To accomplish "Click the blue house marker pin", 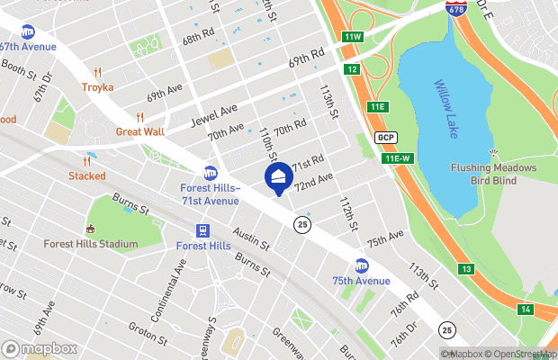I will (278, 177).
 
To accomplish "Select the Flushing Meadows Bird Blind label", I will (490, 175).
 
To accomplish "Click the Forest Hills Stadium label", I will (91, 244).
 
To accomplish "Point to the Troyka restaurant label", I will (98, 86).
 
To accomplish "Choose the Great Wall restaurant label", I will (139, 130).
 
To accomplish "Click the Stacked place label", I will (86, 175).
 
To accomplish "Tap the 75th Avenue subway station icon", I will (362, 265).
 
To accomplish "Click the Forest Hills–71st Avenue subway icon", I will (211, 173).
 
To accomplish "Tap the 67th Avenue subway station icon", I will (28, 31).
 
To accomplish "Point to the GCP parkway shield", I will (386, 137).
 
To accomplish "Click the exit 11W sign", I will (352, 37).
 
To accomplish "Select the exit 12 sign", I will (352, 69).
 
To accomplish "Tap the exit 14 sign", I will (526, 310).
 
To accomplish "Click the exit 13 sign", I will (465, 269).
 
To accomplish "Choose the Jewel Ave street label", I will (215, 114).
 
